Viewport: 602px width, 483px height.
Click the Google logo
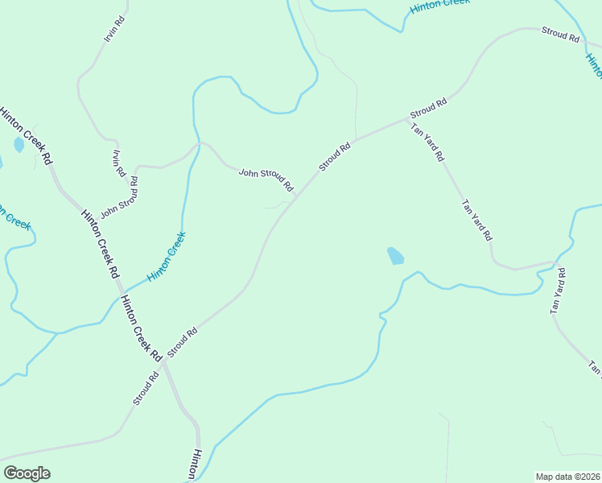(27, 473)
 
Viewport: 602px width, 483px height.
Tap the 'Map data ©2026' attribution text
(567, 477)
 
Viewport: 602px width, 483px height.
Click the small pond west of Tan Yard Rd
(395, 257)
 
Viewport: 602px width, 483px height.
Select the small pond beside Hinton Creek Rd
(19, 145)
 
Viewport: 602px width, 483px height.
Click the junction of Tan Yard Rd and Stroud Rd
(410, 121)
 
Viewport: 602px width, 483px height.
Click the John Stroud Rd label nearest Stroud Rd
(266, 180)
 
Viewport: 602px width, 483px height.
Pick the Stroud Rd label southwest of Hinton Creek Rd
(146, 389)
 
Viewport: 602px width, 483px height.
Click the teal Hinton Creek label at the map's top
(439, 6)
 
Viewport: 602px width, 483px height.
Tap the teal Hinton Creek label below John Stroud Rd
(167, 256)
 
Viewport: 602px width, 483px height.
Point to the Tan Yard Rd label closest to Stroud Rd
(427, 142)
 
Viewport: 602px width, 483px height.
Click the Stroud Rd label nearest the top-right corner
(560, 34)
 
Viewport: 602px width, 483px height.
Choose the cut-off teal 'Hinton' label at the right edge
(594, 66)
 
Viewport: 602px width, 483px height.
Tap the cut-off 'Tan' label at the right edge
(594, 368)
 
